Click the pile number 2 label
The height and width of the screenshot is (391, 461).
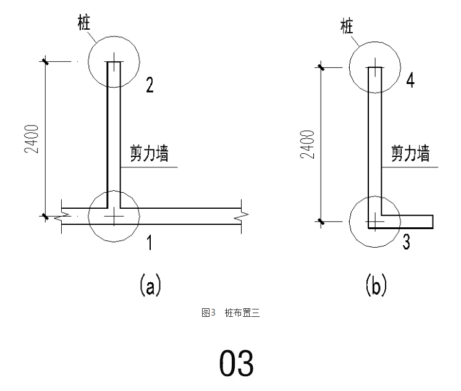click(x=149, y=85)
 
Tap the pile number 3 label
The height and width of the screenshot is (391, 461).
click(x=405, y=242)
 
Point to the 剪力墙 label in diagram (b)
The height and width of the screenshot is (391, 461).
click(x=410, y=153)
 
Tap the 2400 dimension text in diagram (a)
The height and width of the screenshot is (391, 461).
click(x=32, y=140)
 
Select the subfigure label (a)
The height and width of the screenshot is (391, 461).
click(x=149, y=285)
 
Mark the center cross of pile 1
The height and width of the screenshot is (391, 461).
click(x=114, y=216)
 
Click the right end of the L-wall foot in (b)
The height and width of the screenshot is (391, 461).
click(x=431, y=221)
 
